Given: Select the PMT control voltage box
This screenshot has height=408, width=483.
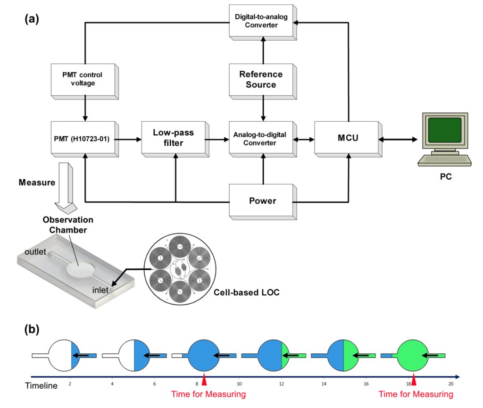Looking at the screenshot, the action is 85,82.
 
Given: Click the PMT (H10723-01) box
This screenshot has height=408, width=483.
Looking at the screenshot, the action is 85,139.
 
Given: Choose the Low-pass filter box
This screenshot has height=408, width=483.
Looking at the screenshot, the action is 175,139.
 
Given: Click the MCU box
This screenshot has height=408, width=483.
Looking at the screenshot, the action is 349,139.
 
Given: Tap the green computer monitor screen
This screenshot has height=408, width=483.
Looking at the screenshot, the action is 444,130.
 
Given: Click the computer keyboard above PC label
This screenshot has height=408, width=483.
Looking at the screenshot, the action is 444,160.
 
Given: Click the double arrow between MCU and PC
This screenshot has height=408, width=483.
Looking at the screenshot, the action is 398,140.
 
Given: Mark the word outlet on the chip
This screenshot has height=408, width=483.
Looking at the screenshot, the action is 35,252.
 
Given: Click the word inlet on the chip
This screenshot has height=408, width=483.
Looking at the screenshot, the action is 100,290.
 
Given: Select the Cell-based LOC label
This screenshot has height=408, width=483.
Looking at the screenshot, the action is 247,292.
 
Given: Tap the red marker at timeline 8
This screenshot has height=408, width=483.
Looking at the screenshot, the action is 204,379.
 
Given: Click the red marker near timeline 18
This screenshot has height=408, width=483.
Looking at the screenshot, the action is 414,379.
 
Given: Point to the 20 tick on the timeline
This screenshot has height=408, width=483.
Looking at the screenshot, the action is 451,383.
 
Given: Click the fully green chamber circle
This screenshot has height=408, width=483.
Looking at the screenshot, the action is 413,356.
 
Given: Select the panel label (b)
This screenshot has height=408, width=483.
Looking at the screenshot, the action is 32,330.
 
